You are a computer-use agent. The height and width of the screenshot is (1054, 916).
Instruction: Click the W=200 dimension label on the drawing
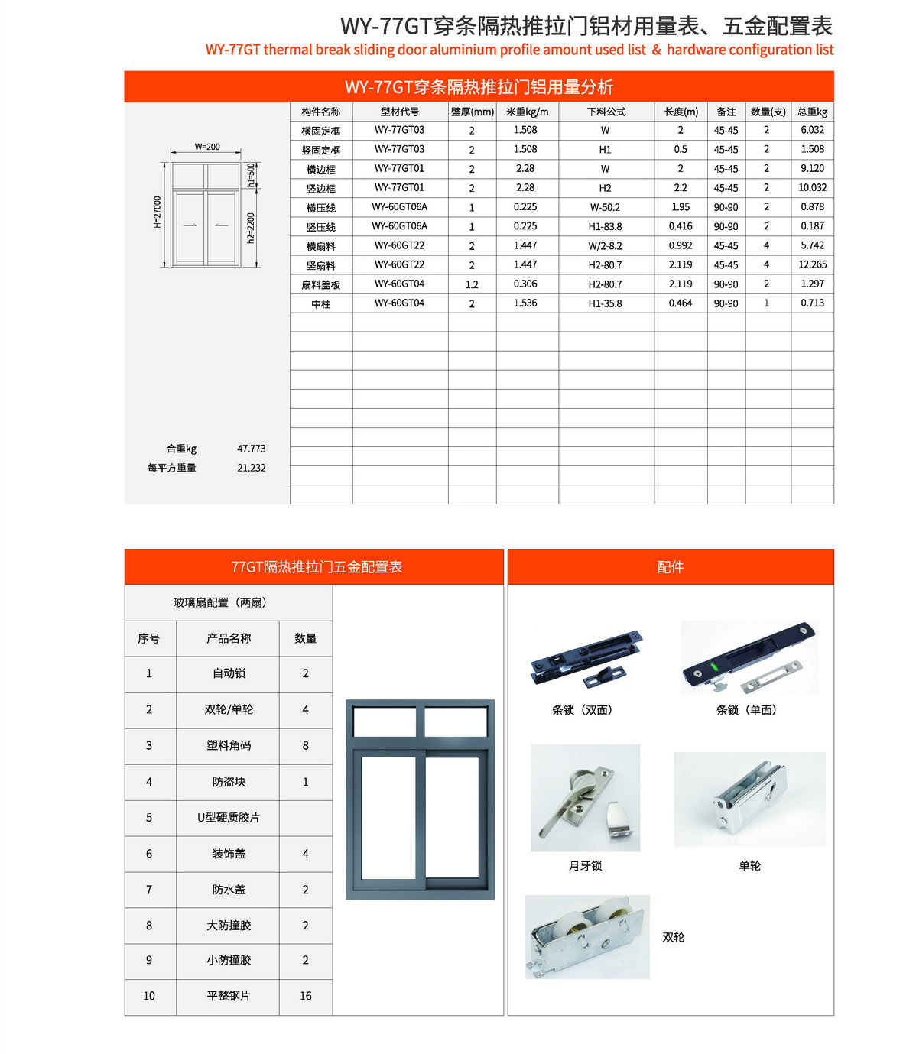click(206, 147)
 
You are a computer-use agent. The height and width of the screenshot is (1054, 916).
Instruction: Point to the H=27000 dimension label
click(158, 212)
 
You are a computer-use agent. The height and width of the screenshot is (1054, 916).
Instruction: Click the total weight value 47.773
click(251, 449)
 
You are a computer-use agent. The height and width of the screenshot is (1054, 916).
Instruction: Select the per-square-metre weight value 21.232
click(251, 468)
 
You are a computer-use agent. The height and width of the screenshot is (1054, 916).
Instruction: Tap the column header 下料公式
click(606, 112)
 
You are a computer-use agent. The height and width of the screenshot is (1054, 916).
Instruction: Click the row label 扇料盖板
click(320, 284)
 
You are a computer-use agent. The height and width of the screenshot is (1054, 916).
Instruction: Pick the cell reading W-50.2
click(605, 207)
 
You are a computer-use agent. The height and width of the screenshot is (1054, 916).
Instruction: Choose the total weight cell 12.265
click(812, 264)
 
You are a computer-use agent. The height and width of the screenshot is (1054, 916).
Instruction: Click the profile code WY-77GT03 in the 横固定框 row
click(399, 130)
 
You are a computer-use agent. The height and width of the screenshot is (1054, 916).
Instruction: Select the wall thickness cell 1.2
click(472, 284)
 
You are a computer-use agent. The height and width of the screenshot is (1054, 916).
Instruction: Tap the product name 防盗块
click(229, 782)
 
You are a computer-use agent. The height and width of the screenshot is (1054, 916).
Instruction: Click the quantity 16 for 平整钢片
click(305, 996)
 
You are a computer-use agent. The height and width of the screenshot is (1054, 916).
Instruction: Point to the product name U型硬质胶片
click(228, 818)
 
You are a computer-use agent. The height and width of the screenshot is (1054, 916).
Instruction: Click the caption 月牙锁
click(585, 866)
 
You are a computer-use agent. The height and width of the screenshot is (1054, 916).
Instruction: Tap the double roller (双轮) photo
click(587, 937)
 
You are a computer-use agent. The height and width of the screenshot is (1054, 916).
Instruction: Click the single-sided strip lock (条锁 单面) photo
click(749, 657)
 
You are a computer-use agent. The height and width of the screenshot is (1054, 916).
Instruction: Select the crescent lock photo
click(585, 798)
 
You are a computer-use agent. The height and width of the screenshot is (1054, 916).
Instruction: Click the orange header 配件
click(670, 567)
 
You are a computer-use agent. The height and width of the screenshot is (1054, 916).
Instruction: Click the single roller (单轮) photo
click(749, 799)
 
